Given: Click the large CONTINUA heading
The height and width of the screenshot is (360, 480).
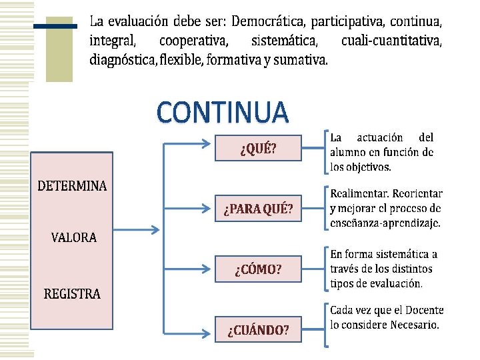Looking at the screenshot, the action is pyautogui.click(x=223, y=112).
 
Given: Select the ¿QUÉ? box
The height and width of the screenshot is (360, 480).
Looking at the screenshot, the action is pyautogui.click(x=258, y=148).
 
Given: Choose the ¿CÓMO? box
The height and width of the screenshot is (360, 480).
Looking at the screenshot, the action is pyautogui.click(x=258, y=269).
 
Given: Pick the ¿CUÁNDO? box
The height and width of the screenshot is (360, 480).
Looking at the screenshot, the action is pyautogui.click(x=258, y=329).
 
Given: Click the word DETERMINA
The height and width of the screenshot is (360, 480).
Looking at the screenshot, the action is pyautogui.click(x=71, y=186).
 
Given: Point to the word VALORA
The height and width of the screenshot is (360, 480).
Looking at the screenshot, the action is pyautogui.click(x=73, y=237).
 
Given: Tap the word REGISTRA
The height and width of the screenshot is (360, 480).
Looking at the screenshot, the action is pyautogui.click(x=72, y=293).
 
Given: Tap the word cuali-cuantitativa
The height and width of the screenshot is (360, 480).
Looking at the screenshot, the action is pyautogui.click(x=391, y=41).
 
